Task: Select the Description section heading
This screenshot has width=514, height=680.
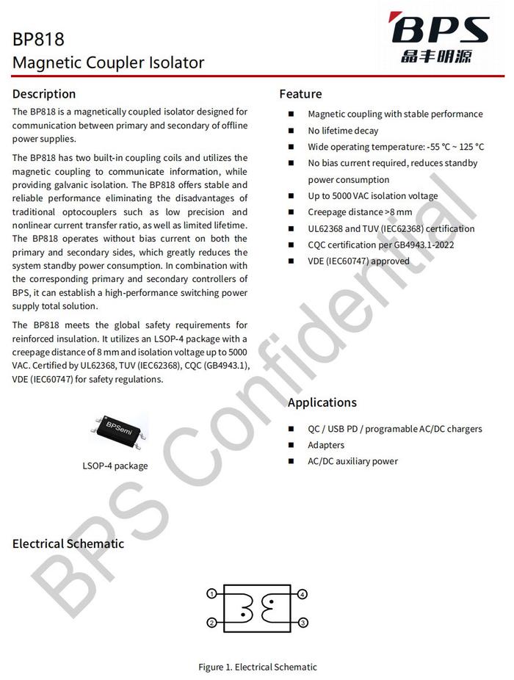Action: click(44, 94)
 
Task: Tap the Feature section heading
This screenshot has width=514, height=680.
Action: click(300, 94)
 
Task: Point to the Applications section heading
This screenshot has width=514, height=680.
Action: click(322, 402)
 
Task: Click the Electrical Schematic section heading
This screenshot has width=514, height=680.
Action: click(68, 544)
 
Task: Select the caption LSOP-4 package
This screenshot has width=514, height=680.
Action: click(115, 466)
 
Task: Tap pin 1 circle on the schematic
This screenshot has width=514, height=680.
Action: click(211, 593)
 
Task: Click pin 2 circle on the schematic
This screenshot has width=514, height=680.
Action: click(211, 623)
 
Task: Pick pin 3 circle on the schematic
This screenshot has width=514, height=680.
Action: click(303, 623)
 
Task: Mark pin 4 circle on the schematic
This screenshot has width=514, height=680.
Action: click(303, 593)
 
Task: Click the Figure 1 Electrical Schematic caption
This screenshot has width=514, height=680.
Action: click(258, 668)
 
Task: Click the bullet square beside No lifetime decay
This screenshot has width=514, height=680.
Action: click(291, 131)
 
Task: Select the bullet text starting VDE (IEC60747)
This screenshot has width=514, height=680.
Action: click(358, 261)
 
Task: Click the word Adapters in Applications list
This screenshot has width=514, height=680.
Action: click(326, 445)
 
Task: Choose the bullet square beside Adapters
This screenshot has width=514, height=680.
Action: click(291, 445)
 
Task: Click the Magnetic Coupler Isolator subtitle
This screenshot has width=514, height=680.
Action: click(108, 63)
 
